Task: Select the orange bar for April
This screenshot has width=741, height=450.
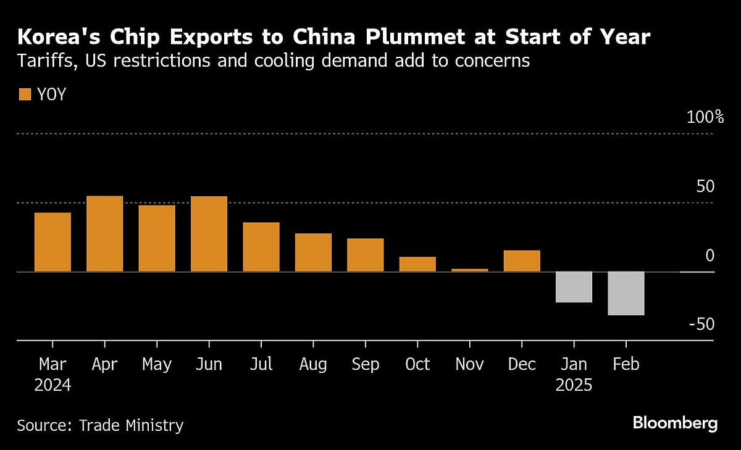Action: pos(104,234)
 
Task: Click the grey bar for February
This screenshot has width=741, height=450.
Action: pos(626,293)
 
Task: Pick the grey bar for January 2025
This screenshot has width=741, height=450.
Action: pos(574,287)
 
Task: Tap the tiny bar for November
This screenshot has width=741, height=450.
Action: pos(470,270)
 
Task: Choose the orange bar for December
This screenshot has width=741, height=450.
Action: pos(522,261)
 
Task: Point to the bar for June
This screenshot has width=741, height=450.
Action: pos(209,234)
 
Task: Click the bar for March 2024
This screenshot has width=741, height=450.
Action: pos(52,242)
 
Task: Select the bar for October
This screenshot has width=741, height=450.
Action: pos(417,264)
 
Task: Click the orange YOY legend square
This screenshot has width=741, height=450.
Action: pos(25,94)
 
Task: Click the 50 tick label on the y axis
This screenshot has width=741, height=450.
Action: pos(705,186)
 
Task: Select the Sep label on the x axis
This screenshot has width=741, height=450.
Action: pos(365,365)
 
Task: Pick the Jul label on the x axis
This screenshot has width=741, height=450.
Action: pos(261,365)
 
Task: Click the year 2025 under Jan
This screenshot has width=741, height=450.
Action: pos(574,386)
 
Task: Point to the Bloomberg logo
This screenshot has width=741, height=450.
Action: pos(675,423)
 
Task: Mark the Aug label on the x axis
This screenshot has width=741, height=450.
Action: pos(313,365)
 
